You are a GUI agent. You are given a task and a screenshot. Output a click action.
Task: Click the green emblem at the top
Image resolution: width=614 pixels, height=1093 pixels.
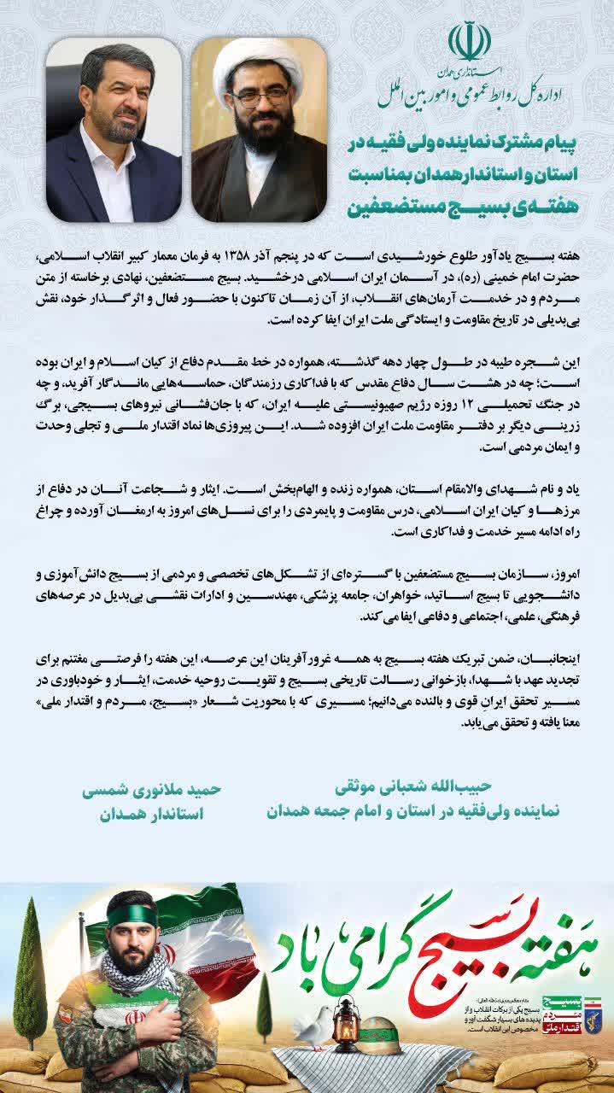[x=470, y=42]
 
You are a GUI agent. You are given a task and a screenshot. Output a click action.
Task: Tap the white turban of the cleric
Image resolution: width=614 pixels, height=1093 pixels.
[x=258, y=60]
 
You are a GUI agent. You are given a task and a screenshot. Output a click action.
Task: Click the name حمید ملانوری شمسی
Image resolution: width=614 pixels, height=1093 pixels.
[x=152, y=790]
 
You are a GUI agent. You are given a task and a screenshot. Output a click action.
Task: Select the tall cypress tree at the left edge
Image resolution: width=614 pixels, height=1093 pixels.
[x=31, y=973]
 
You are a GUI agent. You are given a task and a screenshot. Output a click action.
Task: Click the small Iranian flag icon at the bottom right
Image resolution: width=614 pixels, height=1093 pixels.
[x=593, y=1002]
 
